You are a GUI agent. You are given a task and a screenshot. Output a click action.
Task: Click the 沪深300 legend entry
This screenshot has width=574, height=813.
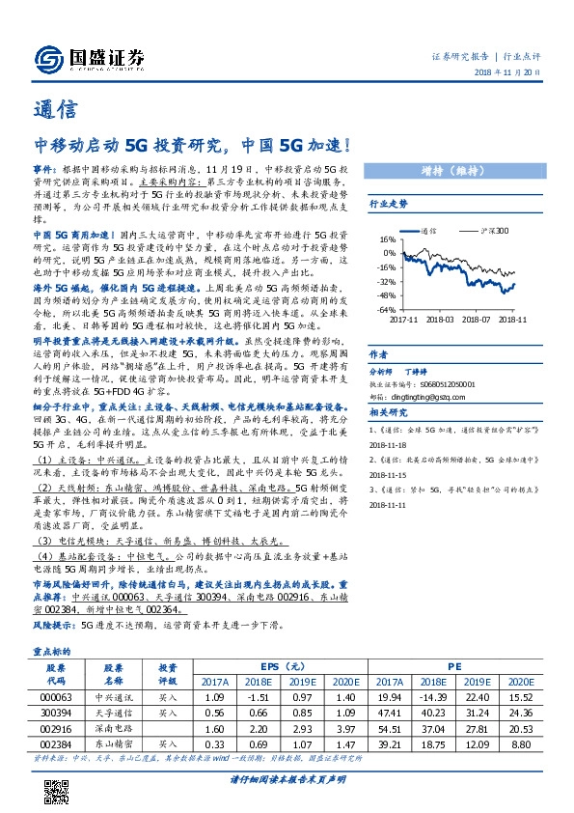pyautogui.click(x=493, y=231)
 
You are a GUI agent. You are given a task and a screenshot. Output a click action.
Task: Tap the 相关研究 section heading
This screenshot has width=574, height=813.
pyautogui.click(x=390, y=412)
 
